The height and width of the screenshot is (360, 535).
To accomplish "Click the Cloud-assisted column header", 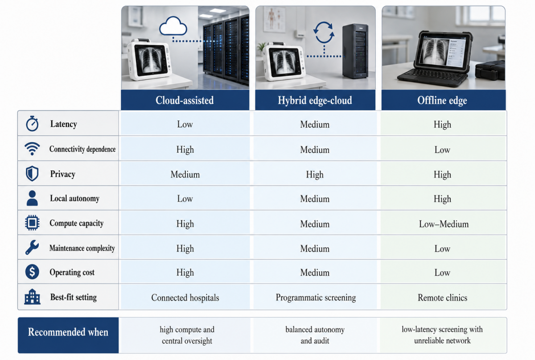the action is pos(185,100).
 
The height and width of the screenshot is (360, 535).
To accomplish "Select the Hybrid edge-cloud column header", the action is pos(315,100).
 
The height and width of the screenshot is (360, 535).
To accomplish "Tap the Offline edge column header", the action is pos(442,100).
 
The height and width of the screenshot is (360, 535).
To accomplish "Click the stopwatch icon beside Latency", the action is pos(32,124).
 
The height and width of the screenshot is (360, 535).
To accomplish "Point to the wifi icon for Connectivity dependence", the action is pos(32,149).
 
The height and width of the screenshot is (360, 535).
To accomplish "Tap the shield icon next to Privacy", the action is pos(32,174).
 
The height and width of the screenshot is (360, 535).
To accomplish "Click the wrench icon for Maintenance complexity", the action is pos(32,248).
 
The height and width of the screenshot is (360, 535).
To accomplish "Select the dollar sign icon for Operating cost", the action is pos(32,272).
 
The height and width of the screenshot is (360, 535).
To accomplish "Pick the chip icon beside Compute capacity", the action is pos(32,223).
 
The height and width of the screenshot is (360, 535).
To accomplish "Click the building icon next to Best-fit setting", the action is pos(32,297).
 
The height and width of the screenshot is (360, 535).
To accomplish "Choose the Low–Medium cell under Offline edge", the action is pos(444,224).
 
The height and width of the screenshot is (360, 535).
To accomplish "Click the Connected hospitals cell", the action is pos(185,298).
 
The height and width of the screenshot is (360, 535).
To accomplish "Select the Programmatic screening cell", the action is pos(316,298).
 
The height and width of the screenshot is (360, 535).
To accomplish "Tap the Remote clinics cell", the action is pos(442,298).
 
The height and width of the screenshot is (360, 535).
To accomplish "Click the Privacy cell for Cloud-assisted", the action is pos(185,174).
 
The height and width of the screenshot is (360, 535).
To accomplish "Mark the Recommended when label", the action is pos(68,332).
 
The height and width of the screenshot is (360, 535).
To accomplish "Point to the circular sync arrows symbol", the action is pos(324,33).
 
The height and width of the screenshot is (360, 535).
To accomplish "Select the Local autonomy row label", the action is pos(74,199).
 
